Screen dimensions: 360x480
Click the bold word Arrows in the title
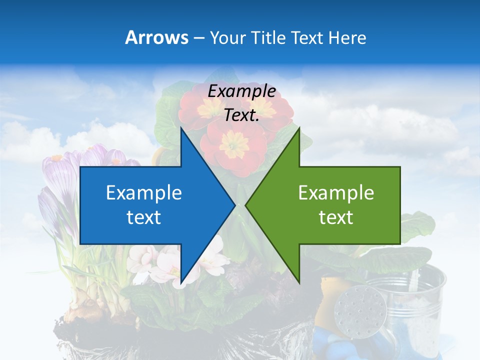tap(156, 37)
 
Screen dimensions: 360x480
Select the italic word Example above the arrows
tap(241, 91)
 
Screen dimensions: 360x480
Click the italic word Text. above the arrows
tap(241, 115)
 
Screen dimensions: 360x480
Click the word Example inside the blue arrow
tap(144, 193)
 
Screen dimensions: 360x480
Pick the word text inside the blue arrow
tap(144, 217)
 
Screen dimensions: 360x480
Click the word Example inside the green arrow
tap(336, 193)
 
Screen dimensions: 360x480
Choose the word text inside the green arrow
tap(336, 217)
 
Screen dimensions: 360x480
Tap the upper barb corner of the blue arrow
tap(181, 127)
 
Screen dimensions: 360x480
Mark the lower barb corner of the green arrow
tap(299, 283)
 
